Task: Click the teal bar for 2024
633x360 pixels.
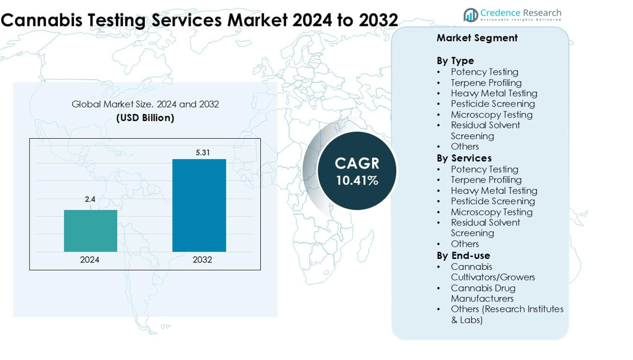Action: pos(90,230)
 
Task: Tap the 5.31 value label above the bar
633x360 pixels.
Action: pos(202,152)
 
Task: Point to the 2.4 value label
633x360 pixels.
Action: pos(90,199)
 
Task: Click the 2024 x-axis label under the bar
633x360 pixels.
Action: pos(90,260)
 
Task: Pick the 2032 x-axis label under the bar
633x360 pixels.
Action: pos(202,260)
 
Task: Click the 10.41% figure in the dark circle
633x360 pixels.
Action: pos(357,181)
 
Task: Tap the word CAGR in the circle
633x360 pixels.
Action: pos(357,163)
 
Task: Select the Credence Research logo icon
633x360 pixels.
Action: pos(470,15)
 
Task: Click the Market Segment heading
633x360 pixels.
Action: pos(477,38)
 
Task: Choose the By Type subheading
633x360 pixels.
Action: pos(455,61)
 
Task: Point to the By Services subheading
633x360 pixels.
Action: pos(464,158)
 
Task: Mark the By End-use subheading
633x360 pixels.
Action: pos(464,256)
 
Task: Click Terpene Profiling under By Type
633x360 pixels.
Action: pos(486,82)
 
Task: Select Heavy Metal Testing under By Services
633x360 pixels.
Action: pos(494,191)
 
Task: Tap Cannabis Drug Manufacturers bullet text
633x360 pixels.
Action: pos(483,293)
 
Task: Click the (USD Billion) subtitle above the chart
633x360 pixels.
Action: pos(145,118)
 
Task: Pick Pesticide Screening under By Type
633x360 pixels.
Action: pos(493,104)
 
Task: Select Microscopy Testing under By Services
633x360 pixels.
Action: pos(491,212)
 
